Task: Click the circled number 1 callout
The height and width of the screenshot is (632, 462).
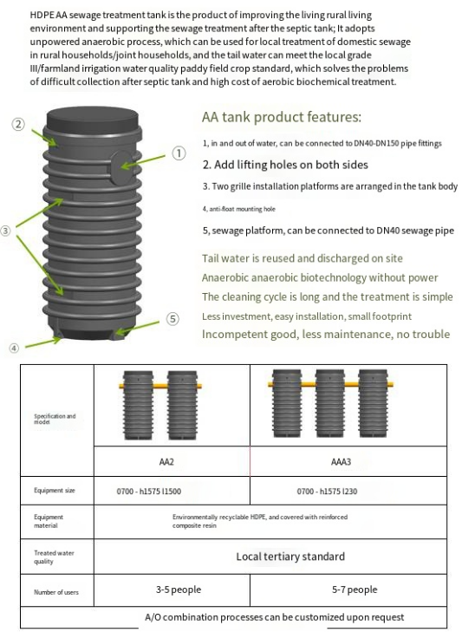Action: tap(179, 153)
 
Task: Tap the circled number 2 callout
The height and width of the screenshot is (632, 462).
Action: tap(17, 124)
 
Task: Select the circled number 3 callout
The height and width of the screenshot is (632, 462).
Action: tap(5, 231)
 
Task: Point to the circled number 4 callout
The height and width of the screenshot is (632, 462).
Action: tap(14, 348)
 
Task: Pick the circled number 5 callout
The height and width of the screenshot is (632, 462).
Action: tap(172, 319)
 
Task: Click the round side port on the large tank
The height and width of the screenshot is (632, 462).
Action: tap(120, 167)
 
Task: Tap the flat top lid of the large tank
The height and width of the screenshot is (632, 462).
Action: tap(93, 118)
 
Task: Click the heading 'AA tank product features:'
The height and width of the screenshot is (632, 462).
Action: tap(282, 117)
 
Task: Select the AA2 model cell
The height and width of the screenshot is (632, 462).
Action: tap(166, 461)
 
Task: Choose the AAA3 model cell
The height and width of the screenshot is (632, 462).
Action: tap(341, 461)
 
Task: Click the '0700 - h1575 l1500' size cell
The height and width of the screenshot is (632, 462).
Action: tap(149, 492)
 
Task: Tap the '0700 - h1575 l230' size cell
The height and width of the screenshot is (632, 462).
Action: tap(327, 492)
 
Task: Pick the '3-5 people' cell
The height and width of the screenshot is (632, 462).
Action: tap(179, 590)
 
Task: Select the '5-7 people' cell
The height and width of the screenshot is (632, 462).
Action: tap(355, 590)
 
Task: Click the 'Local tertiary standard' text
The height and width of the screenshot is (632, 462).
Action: tap(290, 557)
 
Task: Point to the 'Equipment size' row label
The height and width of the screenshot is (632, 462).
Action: tap(55, 491)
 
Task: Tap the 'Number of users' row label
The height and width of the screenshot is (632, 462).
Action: tap(56, 592)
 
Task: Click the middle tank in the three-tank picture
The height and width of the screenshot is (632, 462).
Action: tap(329, 403)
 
